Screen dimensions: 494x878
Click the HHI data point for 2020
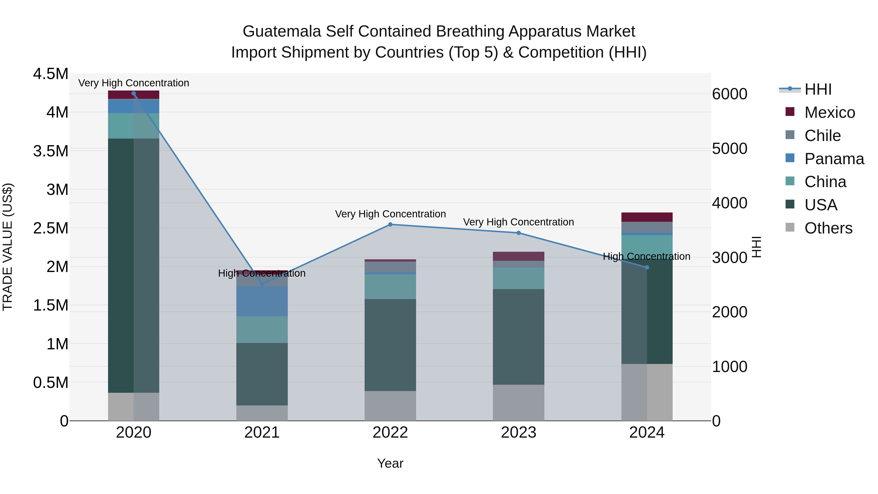point(134,93)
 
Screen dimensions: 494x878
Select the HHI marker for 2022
point(390,224)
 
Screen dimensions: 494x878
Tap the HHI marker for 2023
point(519,233)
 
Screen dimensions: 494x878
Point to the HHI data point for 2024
point(647,267)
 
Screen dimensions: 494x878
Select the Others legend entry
point(828,228)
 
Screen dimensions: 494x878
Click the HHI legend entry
point(818,89)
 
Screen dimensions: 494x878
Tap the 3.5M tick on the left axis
point(50,151)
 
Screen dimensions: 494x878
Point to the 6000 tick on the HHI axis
point(729,94)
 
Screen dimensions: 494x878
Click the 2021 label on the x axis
point(262,433)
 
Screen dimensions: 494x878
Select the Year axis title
point(390,463)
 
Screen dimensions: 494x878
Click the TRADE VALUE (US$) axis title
point(8,247)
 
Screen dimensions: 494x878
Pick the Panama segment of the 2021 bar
point(262,301)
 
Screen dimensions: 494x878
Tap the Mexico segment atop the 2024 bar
point(647,217)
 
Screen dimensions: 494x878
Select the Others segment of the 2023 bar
point(519,402)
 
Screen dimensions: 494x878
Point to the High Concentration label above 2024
point(647,256)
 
